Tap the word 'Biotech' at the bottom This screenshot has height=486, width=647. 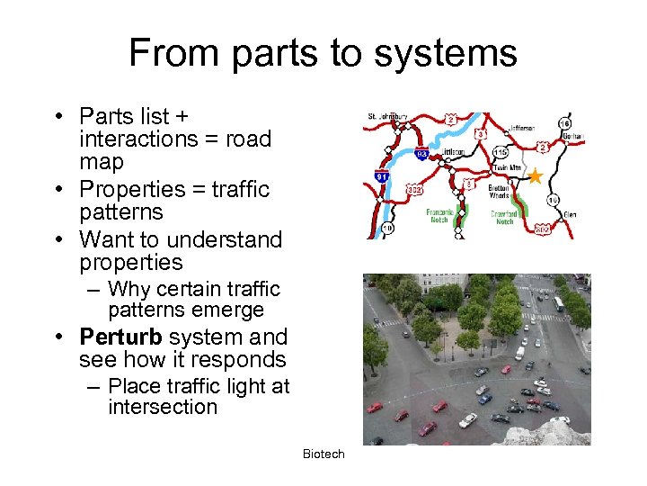point(323,454)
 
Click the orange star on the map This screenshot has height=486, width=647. point(535,175)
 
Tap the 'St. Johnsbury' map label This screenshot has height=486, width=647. point(388,117)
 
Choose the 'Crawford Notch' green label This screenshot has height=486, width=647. point(504,217)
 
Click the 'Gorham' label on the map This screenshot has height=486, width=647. point(572,138)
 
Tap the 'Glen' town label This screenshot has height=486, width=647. point(570,215)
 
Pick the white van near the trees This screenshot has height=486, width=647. point(519,355)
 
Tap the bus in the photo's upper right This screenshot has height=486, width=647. point(558,304)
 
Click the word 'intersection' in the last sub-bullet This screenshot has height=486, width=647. point(163,407)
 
